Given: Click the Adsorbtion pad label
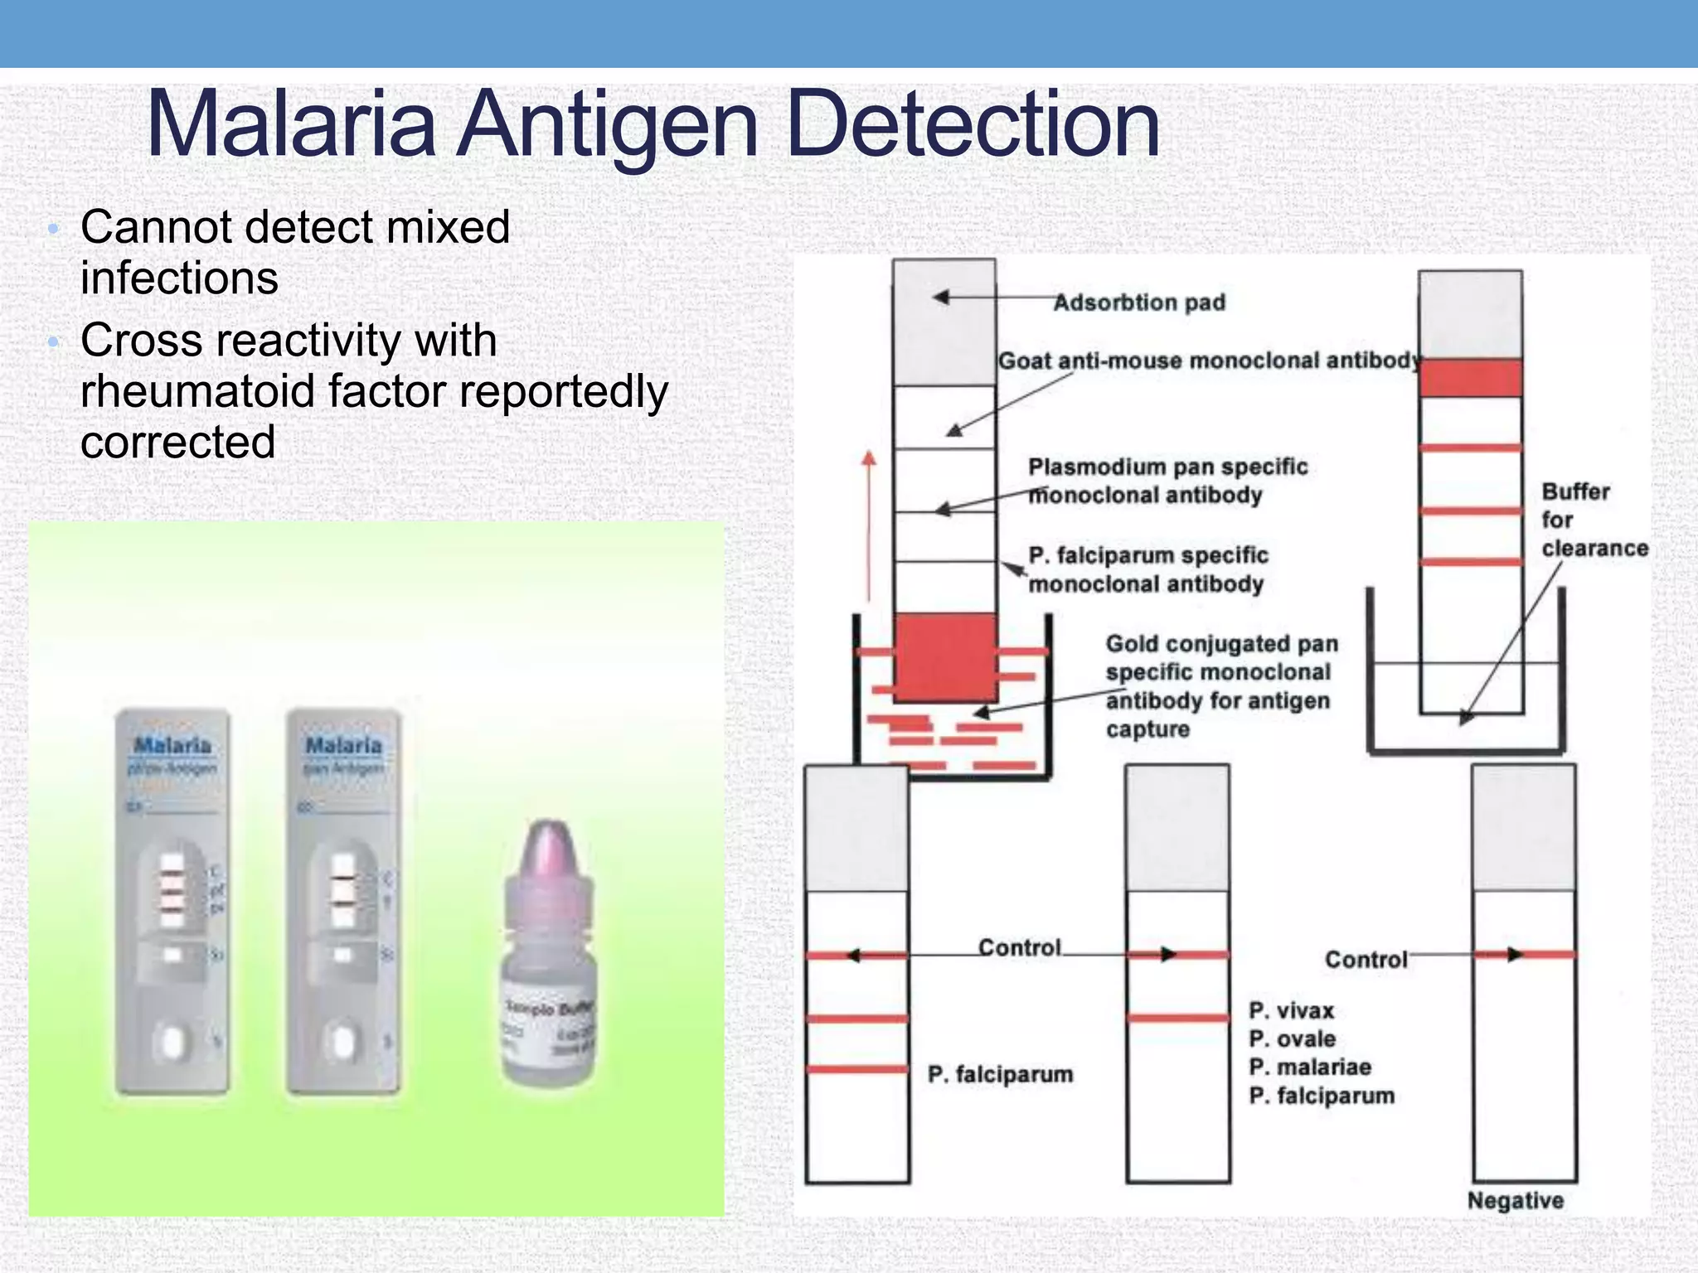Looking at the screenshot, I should [1138, 303].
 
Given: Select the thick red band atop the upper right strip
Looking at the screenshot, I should [1470, 378].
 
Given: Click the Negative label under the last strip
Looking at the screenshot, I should [1515, 1200].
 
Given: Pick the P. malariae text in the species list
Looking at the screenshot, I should [1309, 1067].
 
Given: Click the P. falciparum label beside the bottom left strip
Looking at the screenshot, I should [1000, 1074].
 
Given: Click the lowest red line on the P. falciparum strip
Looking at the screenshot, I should [856, 1069].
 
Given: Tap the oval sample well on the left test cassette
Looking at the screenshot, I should [172, 1042].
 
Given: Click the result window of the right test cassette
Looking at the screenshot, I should [342, 888].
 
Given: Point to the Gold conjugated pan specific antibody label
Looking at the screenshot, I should [1220, 686].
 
